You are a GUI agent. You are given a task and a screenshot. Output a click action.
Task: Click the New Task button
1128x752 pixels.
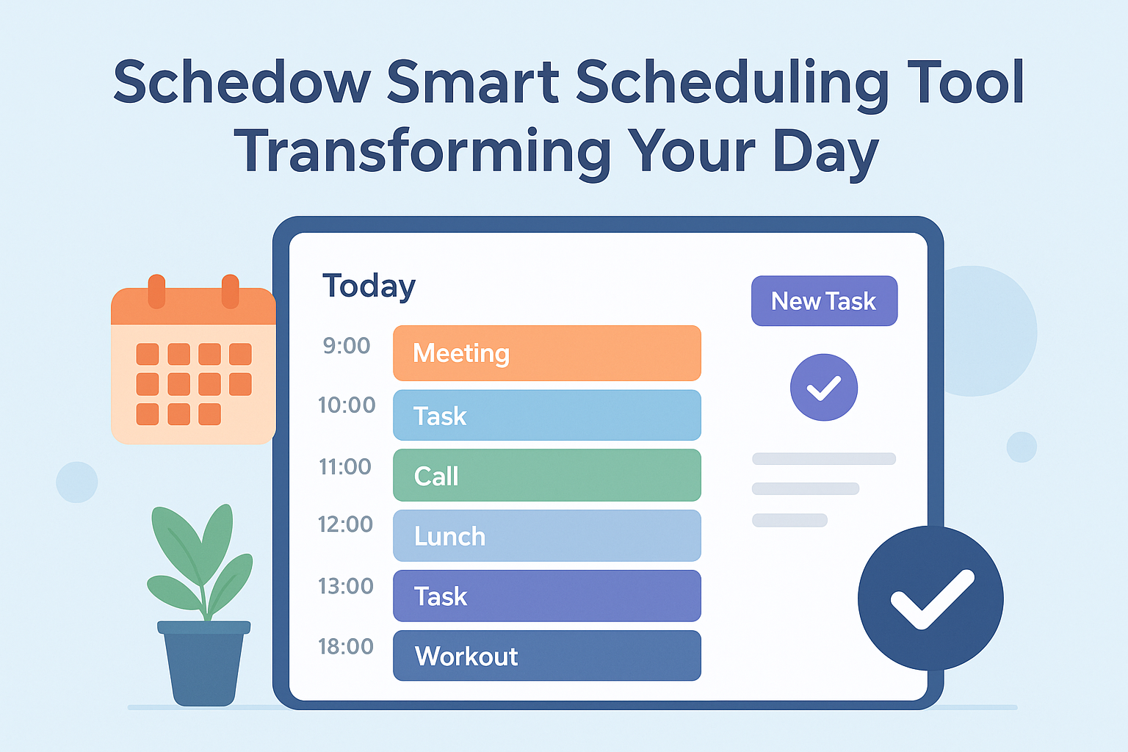click(x=825, y=300)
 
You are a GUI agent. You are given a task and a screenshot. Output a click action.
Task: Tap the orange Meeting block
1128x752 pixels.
click(x=547, y=353)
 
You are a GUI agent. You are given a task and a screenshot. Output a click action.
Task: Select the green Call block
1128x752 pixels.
click(x=547, y=475)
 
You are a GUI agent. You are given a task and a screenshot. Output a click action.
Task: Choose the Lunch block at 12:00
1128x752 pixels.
click(x=547, y=535)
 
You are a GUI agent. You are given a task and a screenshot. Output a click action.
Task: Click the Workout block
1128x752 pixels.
click(x=547, y=655)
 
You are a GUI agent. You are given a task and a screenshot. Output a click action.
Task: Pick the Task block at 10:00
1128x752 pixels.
click(x=547, y=415)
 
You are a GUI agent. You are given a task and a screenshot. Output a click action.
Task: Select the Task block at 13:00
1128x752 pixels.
click(x=547, y=596)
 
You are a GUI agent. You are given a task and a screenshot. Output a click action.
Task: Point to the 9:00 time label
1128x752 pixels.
click(x=347, y=346)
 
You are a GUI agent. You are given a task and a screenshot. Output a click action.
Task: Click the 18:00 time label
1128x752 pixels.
click(x=345, y=646)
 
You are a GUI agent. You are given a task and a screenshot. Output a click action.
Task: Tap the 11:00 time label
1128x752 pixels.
click(x=345, y=467)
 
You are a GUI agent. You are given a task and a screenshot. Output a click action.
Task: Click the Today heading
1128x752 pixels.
click(x=369, y=286)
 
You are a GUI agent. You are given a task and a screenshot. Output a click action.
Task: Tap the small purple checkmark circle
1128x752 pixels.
click(x=824, y=387)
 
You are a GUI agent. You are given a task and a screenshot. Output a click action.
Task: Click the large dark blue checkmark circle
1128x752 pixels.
click(x=930, y=599)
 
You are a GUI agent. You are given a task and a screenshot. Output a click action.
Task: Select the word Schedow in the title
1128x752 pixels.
click(x=242, y=82)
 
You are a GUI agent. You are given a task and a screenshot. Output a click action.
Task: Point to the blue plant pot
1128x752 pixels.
click(x=204, y=663)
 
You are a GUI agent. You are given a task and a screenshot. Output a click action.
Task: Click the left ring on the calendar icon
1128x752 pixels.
click(x=156, y=291)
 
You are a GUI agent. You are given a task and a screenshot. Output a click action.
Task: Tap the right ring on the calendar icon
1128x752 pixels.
click(x=230, y=291)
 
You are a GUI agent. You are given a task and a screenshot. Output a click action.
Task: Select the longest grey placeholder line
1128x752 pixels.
click(x=824, y=458)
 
